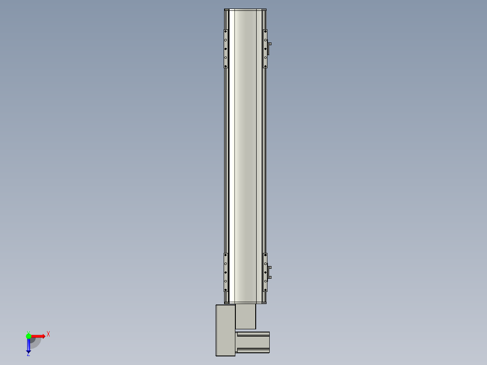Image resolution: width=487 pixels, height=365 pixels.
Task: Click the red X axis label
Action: click(x=48, y=334)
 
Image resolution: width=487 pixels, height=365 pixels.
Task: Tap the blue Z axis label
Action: click(x=28, y=354)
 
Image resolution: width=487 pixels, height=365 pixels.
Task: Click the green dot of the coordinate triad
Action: click(x=28, y=336)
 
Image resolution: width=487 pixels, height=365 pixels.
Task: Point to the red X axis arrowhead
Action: click(x=43, y=336)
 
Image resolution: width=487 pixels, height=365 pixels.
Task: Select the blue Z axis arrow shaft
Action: click(x=28, y=345)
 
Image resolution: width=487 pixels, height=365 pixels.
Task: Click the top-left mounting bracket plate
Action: click(x=226, y=49)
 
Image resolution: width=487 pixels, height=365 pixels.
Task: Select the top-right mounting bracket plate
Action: click(x=265, y=49)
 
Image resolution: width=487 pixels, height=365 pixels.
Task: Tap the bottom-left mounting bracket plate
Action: click(x=226, y=272)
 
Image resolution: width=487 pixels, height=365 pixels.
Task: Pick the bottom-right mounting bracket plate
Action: click(x=265, y=272)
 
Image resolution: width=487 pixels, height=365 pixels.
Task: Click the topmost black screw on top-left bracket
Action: click(x=225, y=31)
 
